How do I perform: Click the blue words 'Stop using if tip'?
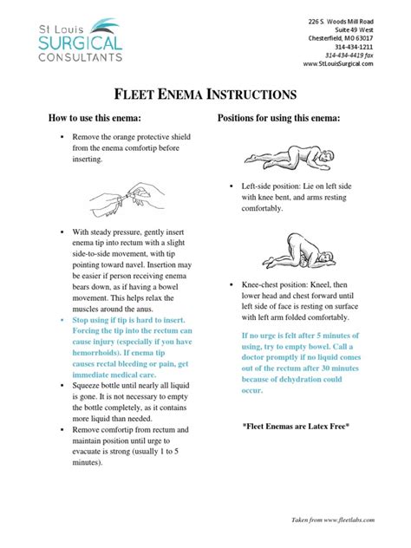[x=113, y=320]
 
